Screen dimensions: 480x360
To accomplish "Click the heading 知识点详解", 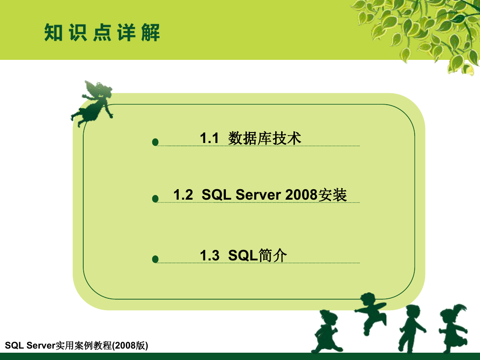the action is tap(102, 32).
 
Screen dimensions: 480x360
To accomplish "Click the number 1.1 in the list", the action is tap(209, 138).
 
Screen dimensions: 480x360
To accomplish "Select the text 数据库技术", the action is tap(265, 138).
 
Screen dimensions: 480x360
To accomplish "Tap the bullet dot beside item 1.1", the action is tap(155, 142).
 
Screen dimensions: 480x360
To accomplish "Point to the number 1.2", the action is tap(183, 195).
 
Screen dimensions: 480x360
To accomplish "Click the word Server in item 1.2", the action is tap(258, 195).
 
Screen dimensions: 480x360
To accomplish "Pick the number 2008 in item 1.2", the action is tap(301, 195).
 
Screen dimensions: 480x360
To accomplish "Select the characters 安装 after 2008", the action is tap(332, 195).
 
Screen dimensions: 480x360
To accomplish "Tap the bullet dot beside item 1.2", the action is tap(155, 199).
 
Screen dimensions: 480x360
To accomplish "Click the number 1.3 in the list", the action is tap(210, 255).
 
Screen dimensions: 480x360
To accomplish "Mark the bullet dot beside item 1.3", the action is tap(155, 259).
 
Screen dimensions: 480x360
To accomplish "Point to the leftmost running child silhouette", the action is tap(326, 331).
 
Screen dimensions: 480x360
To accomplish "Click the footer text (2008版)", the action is tap(130, 345).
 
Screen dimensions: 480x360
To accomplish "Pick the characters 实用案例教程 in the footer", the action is tap(84, 345).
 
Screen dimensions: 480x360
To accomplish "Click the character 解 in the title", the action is tap(150, 32).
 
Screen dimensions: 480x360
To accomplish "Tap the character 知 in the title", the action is tap(53, 32).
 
